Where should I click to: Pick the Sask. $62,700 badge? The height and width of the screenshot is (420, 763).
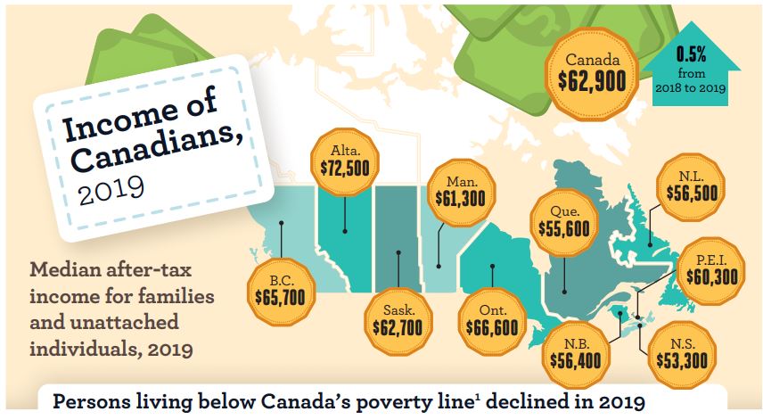point(398,318)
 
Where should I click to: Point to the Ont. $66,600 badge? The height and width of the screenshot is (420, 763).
point(491,318)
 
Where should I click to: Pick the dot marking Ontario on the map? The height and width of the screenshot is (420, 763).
point(491,266)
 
